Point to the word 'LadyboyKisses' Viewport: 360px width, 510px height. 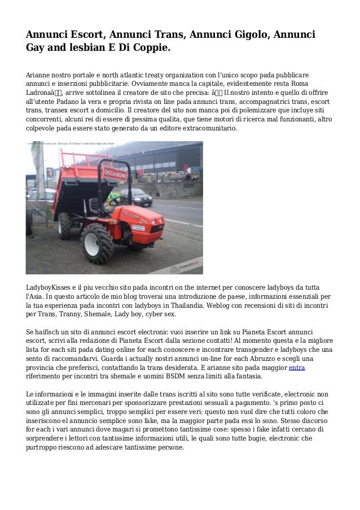coord(51,287)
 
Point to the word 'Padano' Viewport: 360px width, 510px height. coord(64,102)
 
